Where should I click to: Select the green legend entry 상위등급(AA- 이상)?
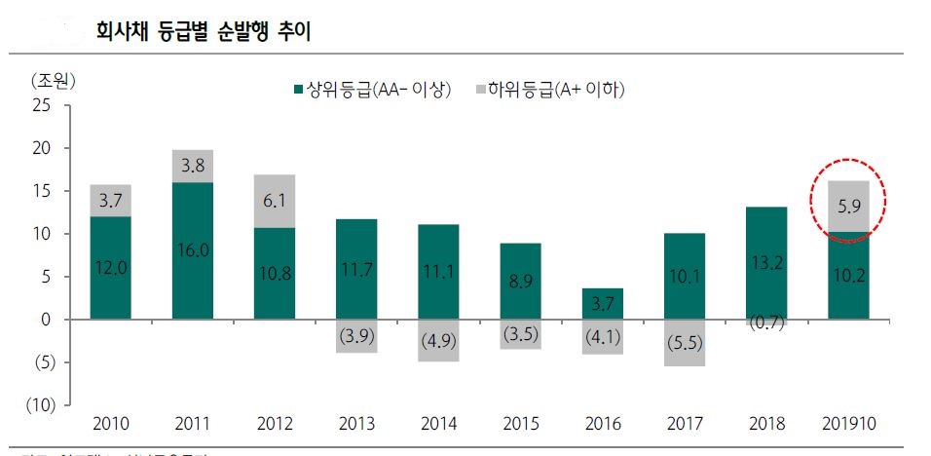373,91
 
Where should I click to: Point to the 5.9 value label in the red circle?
847,207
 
